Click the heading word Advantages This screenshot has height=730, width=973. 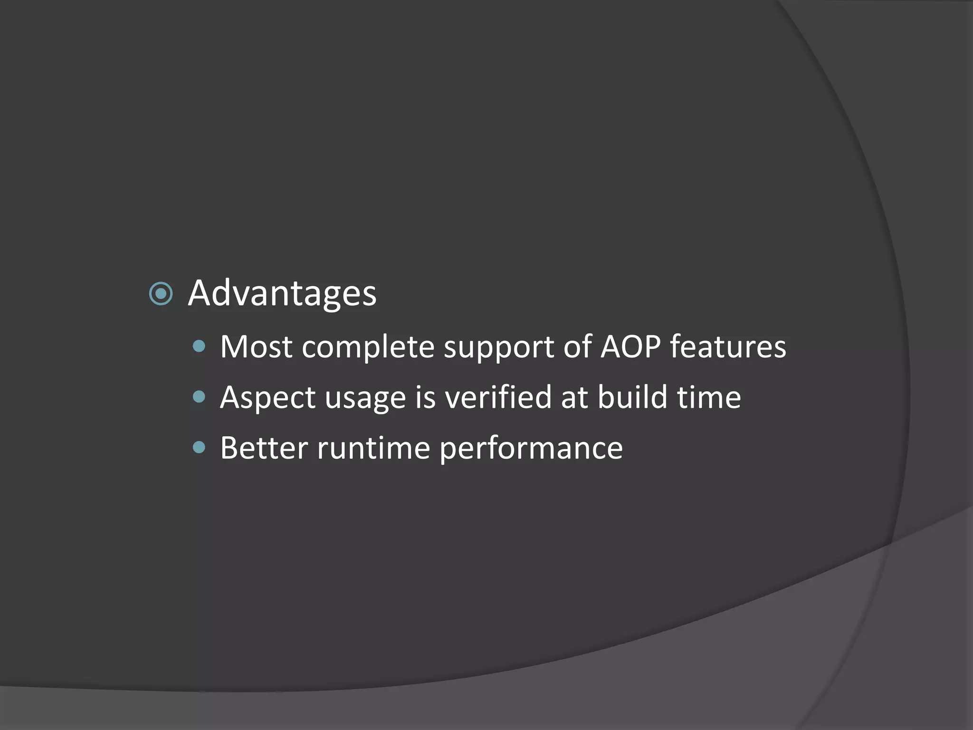(x=282, y=293)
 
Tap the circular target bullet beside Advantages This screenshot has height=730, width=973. (x=161, y=294)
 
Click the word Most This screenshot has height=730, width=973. (x=256, y=346)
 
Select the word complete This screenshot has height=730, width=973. (x=368, y=347)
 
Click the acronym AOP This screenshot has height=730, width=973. (x=630, y=346)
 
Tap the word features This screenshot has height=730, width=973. (x=728, y=346)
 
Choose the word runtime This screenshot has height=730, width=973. (x=373, y=448)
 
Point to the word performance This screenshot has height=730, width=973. (x=531, y=449)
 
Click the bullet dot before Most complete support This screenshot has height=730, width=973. (x=200, y=346)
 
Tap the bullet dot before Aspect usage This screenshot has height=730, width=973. (x=200, y=396)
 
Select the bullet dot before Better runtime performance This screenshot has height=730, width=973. (x=200, y=447)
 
